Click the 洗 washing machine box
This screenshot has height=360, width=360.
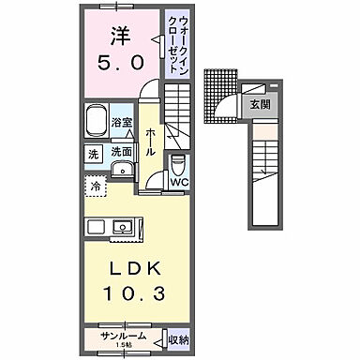(x=95, y=154)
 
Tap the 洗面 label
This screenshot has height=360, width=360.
(x=121, y=151)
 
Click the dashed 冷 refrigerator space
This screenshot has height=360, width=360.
(x=97, y=186)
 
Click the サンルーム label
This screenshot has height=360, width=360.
(x=123, y=335)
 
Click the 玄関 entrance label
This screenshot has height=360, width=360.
(x=258, y=105)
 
